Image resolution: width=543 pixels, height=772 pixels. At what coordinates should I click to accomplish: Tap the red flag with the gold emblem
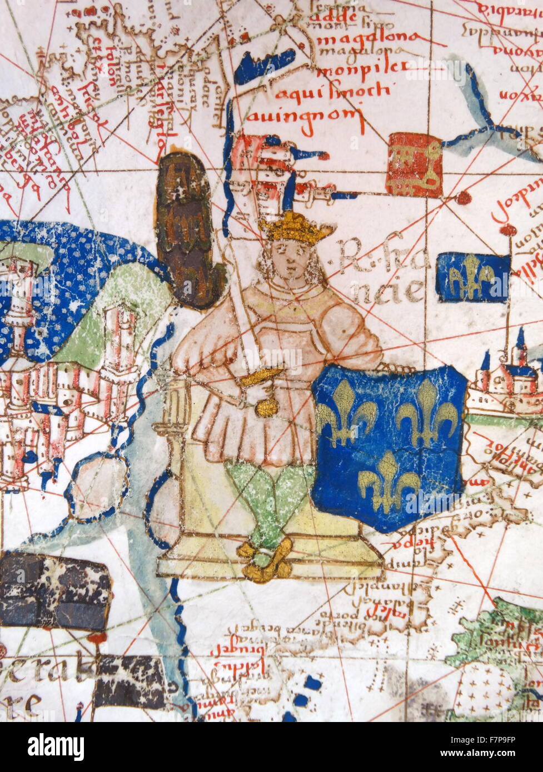415,164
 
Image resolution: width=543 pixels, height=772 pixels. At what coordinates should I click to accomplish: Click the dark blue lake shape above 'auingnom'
265,66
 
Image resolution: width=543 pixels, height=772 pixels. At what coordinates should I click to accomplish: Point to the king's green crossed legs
270,500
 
